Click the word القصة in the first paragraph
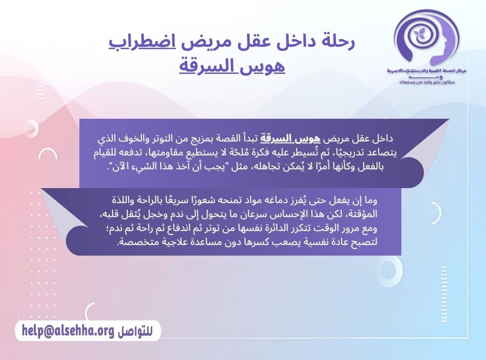coord(233,138)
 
